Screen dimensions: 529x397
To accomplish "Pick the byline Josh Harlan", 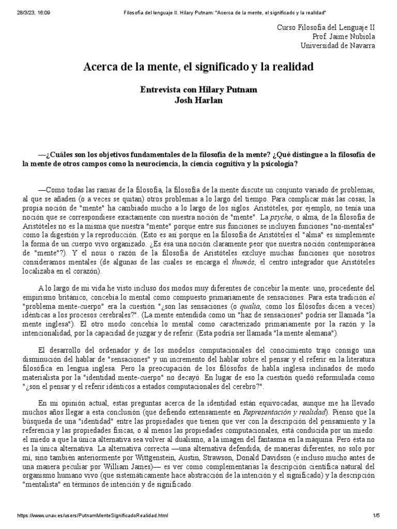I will (x=198, y=100).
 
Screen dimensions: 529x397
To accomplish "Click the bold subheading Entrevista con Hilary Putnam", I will (x=198, y=89).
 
